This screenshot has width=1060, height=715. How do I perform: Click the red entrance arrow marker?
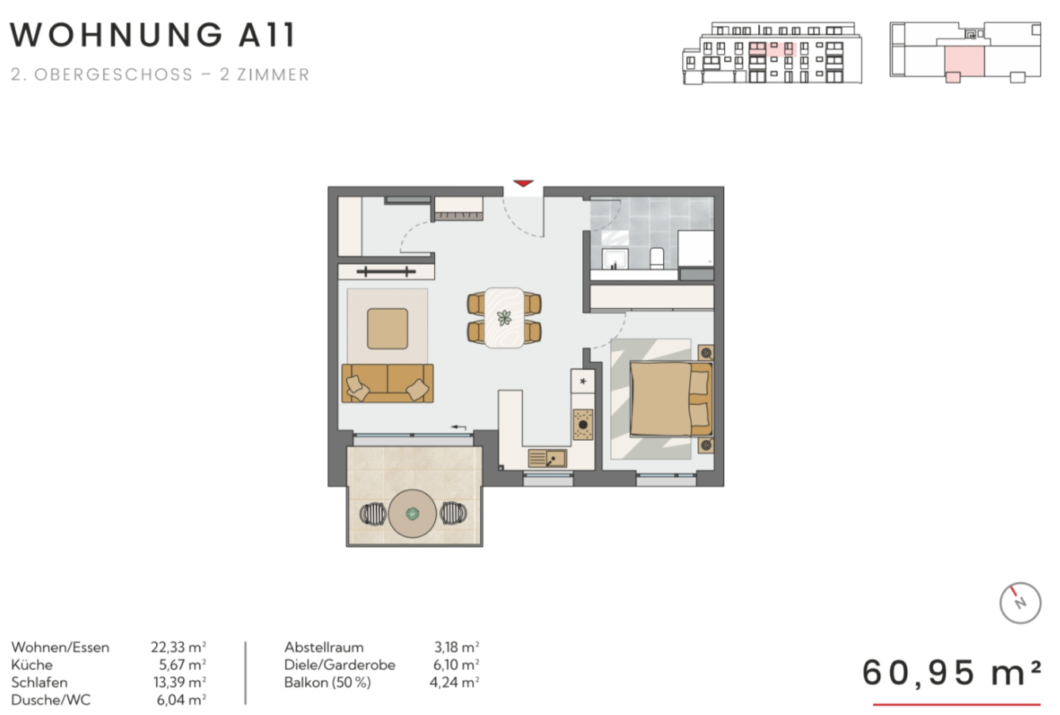click(x=523, y=183)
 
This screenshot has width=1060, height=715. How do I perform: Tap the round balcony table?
click(x=412, y=514)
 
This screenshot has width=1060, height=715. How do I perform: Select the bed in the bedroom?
click(x=671, y=399)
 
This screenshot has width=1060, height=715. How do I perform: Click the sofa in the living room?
click(x=387, y=383)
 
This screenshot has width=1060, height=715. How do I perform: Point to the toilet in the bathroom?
click(x=657, y=258)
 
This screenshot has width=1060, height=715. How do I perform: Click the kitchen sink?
click(x=547, y=458)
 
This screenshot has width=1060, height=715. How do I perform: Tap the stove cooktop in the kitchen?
click(x=583, y=425)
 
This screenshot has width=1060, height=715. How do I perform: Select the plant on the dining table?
click(x=505, y=318)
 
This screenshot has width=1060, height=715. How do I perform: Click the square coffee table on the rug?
click(x=387, y=329)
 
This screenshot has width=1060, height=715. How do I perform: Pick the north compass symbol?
click(x=1020, y=602)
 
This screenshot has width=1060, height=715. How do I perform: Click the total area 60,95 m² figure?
click(x=951, y=673)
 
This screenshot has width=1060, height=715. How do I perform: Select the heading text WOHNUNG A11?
click(x=152, y=35)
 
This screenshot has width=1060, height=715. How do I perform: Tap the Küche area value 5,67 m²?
click(x=182, y=665)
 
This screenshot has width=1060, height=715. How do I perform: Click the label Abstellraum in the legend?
click(x=324, y=648)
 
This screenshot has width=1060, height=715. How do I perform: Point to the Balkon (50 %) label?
click(x=327, y=682)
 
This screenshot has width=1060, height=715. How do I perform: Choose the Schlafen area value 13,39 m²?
click(x=179, y=682)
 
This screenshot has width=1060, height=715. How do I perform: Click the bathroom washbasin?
click(x=616, y=259)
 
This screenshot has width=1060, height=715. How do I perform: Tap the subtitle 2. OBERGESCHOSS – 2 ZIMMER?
click(x=160, y=75)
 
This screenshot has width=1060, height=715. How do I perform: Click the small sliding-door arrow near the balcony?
click(x=459, y=427)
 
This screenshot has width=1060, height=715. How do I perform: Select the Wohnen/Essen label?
click(x=60, y=648)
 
